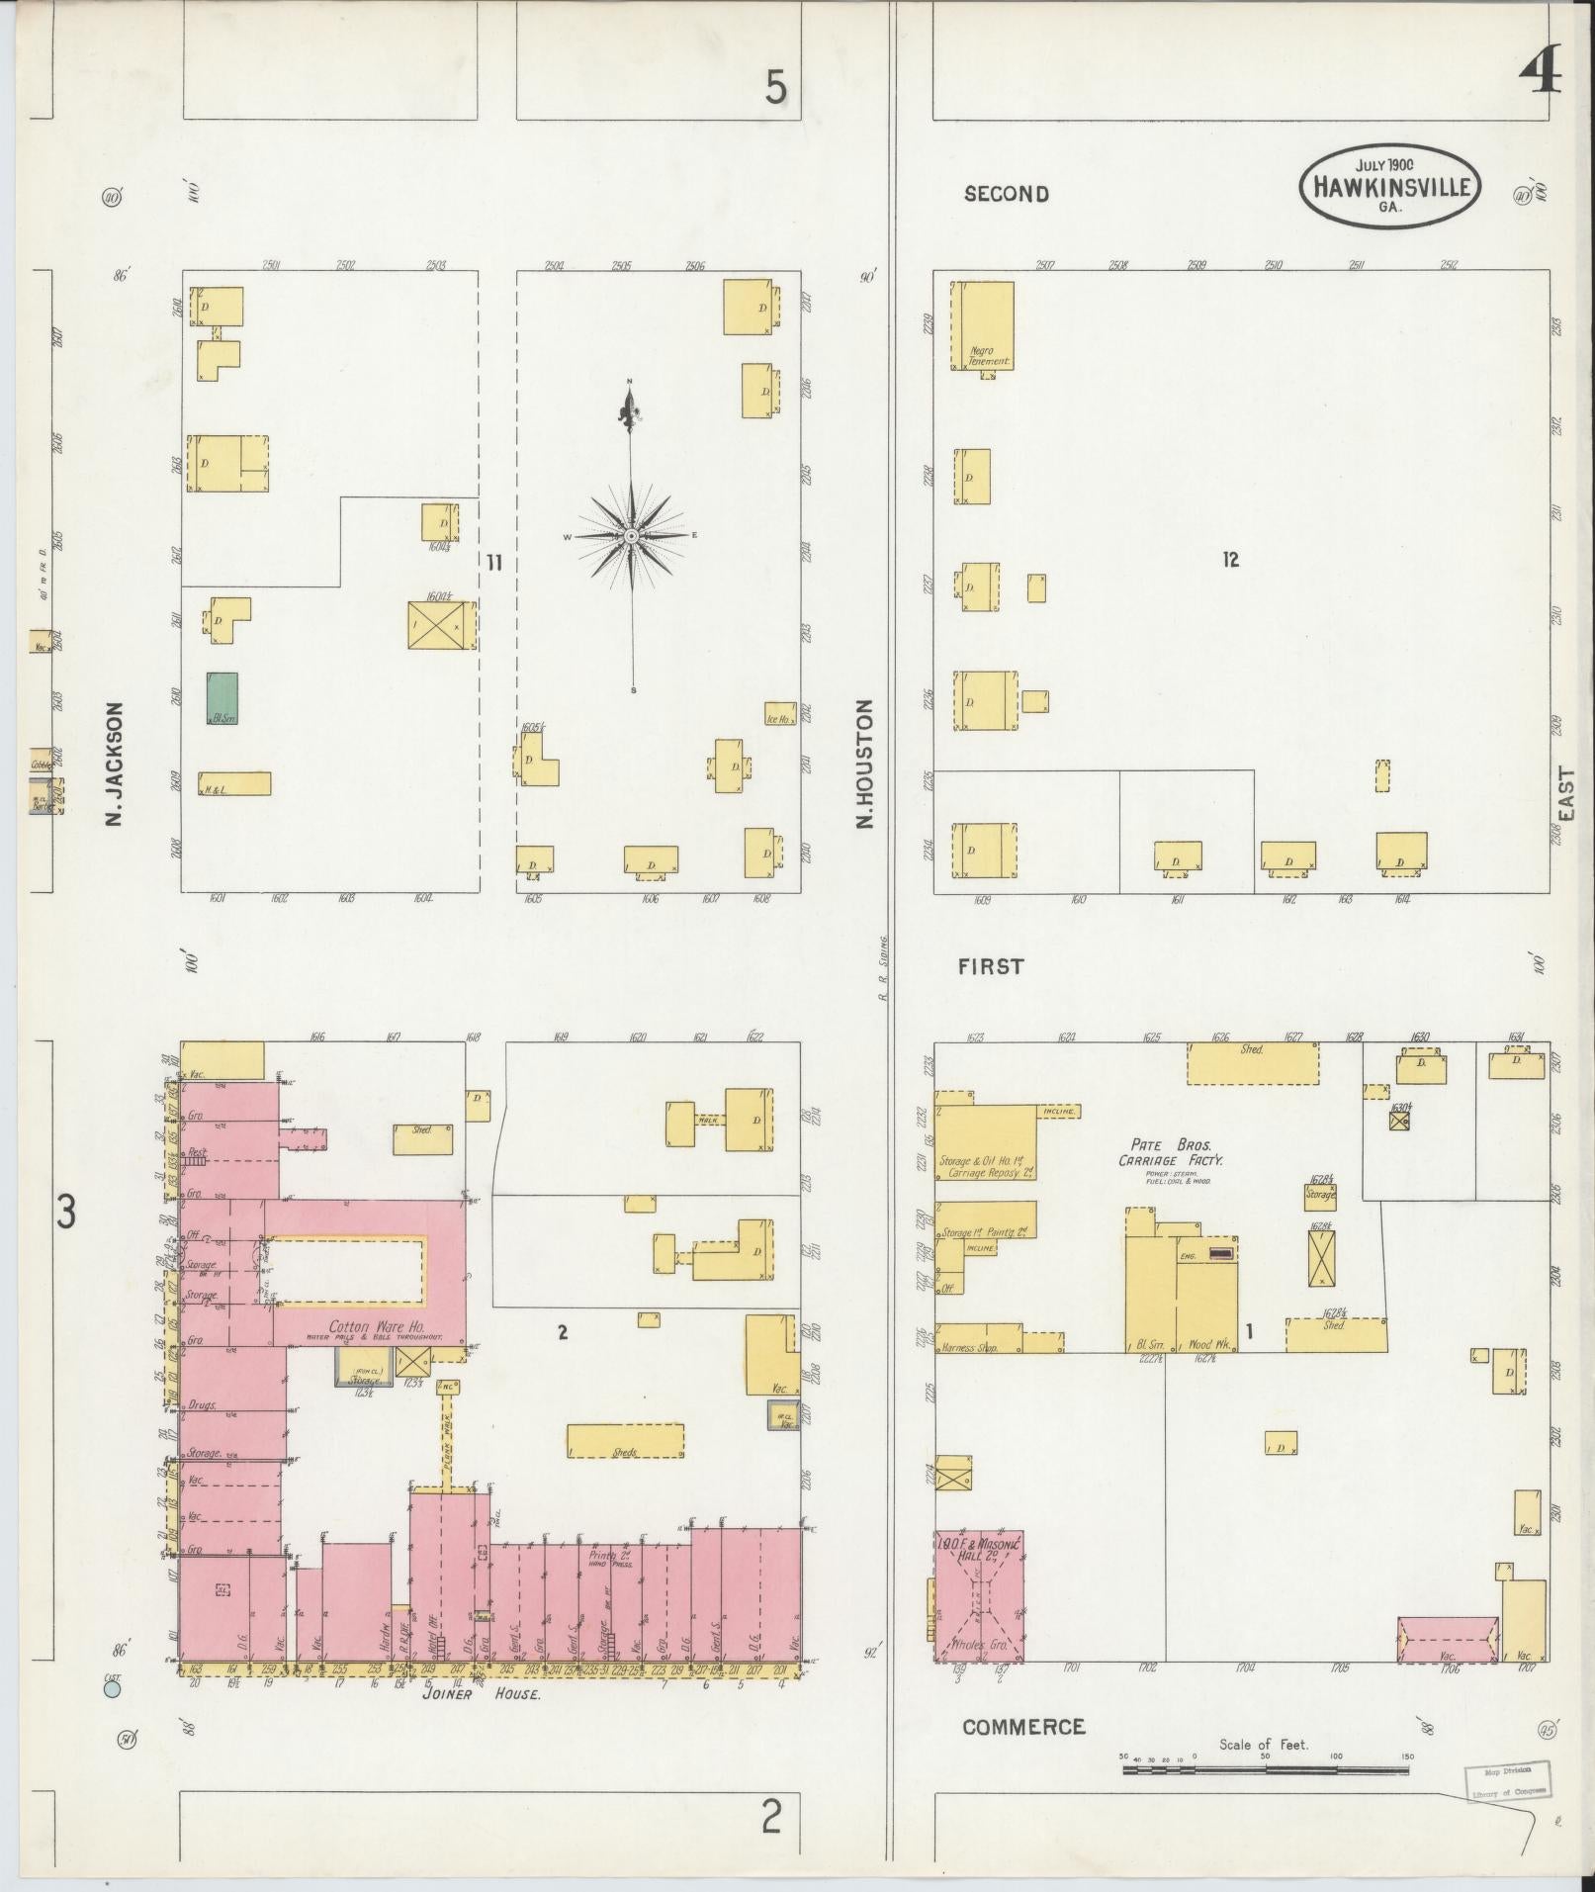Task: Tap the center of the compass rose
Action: (x=631, y=536)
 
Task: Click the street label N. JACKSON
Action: (x=115, y=764)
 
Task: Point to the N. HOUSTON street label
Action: (x=866, y=763)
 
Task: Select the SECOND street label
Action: (x=1006, y=194)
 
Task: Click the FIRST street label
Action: (x=990, y=966)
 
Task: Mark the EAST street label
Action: (x=1565, y=793)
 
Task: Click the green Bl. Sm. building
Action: (x=222, y=698)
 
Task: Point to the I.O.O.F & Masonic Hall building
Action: (x=979, y=1611)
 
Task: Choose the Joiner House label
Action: (x=481, y=1693)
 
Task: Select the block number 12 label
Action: (x=1229, y=560)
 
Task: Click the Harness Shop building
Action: (x=979, y=1339)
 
